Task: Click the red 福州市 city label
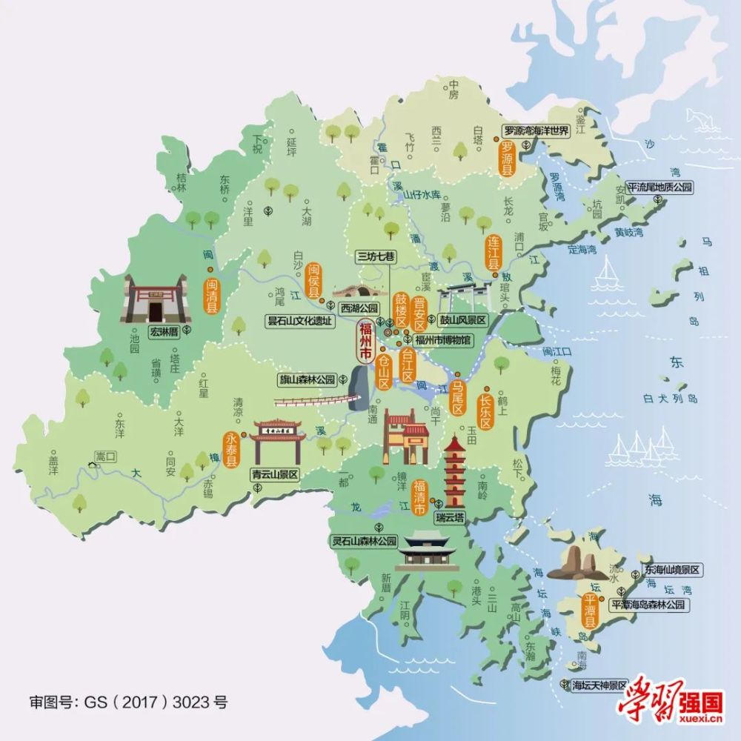[x=365, y=342]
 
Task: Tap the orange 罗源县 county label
[x=508, y=158]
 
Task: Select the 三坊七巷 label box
[x=376, y=256]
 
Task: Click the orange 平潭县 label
[x=590, y=610]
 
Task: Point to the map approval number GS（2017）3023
[x=128, y=700]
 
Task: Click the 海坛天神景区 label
[x=599, y=685]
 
